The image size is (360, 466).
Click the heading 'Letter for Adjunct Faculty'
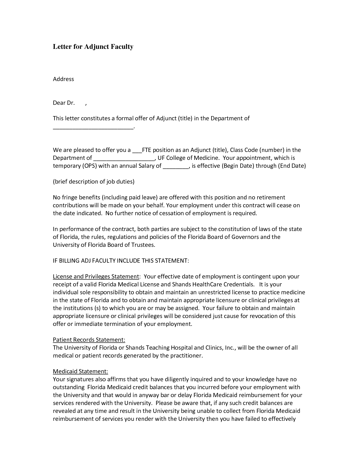93,47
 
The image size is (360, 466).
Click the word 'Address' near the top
63,79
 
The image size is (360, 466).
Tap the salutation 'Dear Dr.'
64,103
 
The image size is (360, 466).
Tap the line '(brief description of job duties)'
93,182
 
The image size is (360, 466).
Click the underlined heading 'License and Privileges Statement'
96,276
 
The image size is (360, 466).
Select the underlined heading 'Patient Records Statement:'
89,340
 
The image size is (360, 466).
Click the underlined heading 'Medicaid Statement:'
80,371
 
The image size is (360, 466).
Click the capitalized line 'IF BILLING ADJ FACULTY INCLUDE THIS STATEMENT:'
121,261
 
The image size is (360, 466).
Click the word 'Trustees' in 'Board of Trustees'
143,245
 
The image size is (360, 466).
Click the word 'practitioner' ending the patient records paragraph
186,356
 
